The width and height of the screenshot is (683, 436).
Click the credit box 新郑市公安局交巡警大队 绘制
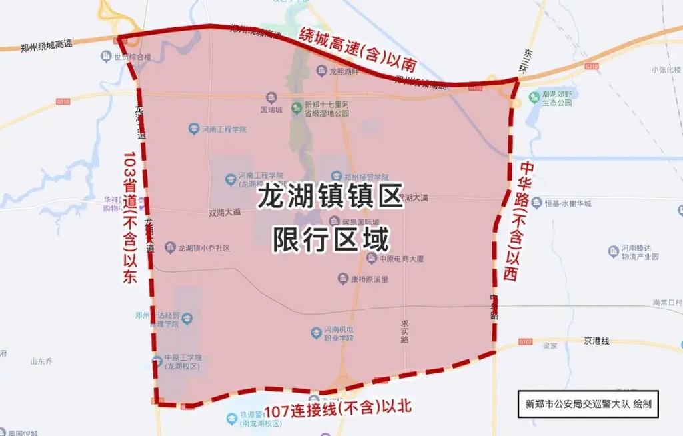(x=588, y=404)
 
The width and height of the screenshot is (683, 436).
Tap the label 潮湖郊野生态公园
(x=556, y=99)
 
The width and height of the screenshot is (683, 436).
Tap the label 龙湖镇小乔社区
(x=203, y=248)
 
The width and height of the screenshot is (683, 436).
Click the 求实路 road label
(x=404, y=331)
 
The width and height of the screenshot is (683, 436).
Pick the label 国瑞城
(x=271, y=109)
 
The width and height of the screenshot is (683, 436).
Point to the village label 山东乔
(x=41, y=362)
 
